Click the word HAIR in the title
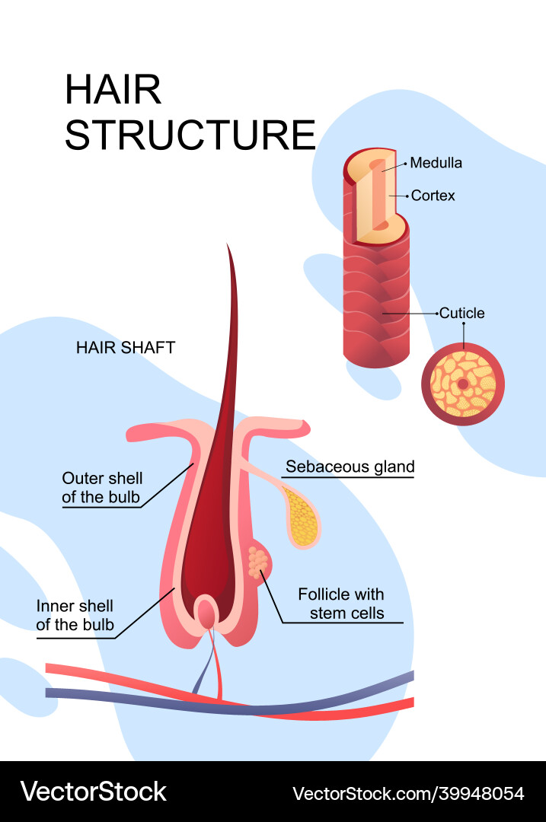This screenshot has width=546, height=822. [113, 91]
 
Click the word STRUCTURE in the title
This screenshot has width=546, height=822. [190, 135]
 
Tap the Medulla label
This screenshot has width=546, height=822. [436, 163]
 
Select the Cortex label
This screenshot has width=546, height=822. [433, 196]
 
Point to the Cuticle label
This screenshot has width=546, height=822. [461, 313]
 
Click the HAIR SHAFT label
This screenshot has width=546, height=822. [126, 348]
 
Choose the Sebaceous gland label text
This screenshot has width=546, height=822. [350, 467]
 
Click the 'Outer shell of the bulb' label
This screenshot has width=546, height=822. [102, 488]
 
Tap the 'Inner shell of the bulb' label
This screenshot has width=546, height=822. [75, 616]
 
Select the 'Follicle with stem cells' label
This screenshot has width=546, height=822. [341, 604]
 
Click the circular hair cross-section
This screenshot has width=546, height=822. [463, 384]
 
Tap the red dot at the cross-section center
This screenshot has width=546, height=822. [463, 384]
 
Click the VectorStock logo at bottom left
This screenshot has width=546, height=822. [93, 792]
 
